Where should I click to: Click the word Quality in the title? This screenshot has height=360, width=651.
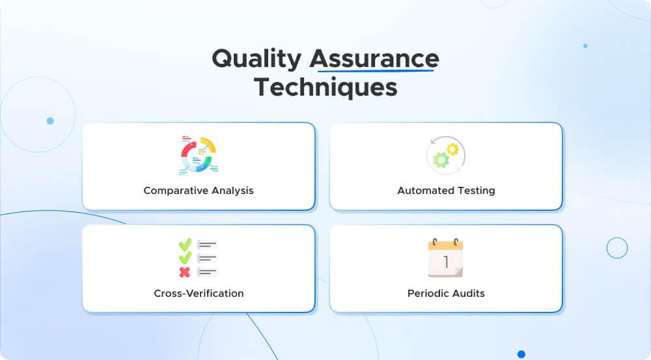tap(256, 59)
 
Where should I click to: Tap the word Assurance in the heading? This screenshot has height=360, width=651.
tap(374, 59)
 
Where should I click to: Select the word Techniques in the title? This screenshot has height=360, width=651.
tap(325, 87)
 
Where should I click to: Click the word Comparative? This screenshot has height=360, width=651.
tap(172, 191)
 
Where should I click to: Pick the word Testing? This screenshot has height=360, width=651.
tap(475, 191)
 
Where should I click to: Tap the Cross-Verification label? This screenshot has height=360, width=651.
tap(199, 293)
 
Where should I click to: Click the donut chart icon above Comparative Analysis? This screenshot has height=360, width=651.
tap(199, 155)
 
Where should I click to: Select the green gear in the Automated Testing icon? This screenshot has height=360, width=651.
tap(441, 159)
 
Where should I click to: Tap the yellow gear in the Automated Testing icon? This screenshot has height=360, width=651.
tap(452, 149)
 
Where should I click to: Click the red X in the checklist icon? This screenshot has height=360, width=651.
tap(185, 271)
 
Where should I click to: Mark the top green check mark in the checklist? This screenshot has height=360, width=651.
tap(185, 245)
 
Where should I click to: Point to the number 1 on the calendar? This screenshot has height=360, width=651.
tap(446, 262)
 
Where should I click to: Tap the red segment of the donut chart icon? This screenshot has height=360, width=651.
tap(188, 151)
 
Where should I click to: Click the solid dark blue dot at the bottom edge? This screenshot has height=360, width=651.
tap(521, 354)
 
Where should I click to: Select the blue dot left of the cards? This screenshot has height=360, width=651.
tap(50, 120)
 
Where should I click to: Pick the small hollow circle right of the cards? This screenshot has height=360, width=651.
tap(616, 247)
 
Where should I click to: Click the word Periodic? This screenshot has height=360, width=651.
tap(427, 293)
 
